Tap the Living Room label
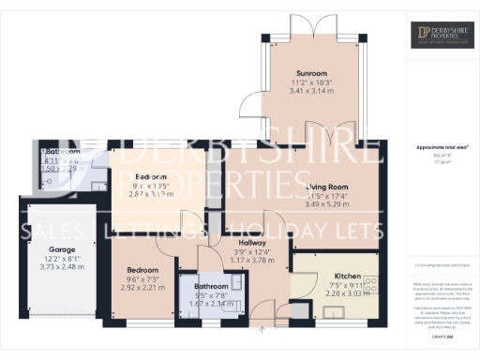(327, 187)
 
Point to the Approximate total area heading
(442, 147)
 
